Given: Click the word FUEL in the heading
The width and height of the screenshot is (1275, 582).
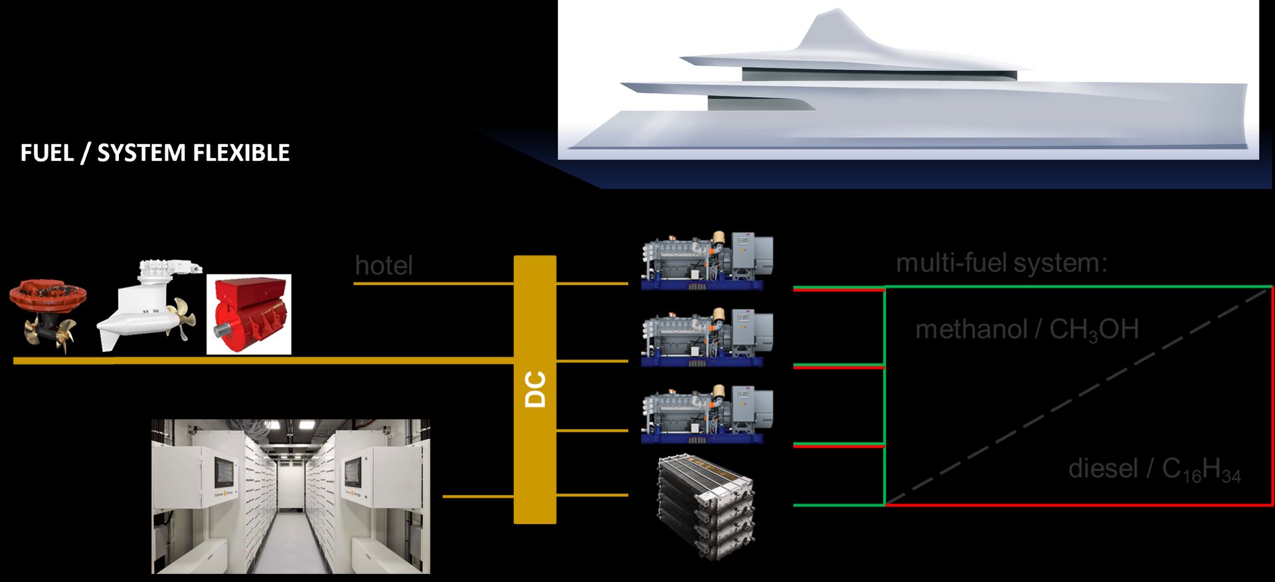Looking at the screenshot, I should (x=46, y=153).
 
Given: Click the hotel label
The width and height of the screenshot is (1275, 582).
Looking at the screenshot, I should (x=384, y=266).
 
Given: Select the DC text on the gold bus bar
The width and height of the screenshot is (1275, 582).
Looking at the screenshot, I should (x=535, y=389).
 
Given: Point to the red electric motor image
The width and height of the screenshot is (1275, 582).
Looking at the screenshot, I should (x=249, y=314).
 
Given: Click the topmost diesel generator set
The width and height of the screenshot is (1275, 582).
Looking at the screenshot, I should (x=707, y=260).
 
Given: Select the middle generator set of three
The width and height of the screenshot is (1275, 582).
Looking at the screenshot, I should (x=707, y=337).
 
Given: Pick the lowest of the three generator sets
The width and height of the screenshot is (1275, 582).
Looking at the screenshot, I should (x=707, y=414).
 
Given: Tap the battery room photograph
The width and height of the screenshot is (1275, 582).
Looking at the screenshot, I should (x=291, y=496).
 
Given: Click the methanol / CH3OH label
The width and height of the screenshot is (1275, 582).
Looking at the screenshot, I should (x=1027, y=330).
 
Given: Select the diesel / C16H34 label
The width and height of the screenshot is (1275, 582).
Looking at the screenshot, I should (x=1154, y=469).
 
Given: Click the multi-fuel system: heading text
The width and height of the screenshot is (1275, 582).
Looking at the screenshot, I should (x=1001, y=263).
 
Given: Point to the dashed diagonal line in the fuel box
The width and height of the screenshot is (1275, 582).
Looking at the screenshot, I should (x=1076, y=397).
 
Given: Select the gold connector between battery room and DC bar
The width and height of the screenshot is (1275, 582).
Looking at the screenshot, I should (x=477, y=496).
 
